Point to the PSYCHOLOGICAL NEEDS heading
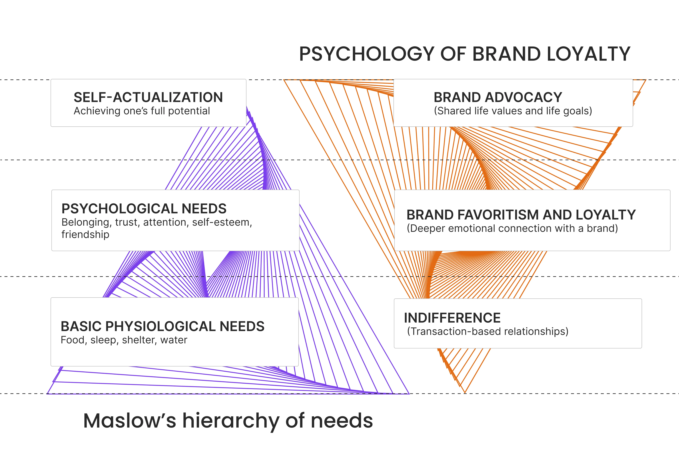pyautogui.click(x=144, y=209)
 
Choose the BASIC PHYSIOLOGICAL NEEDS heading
pyautogui.click(x=162, y=326)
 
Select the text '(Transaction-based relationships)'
pyautogui.click(x=488, y=332)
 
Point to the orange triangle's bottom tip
pyautogui.click(x=465, y=392)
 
